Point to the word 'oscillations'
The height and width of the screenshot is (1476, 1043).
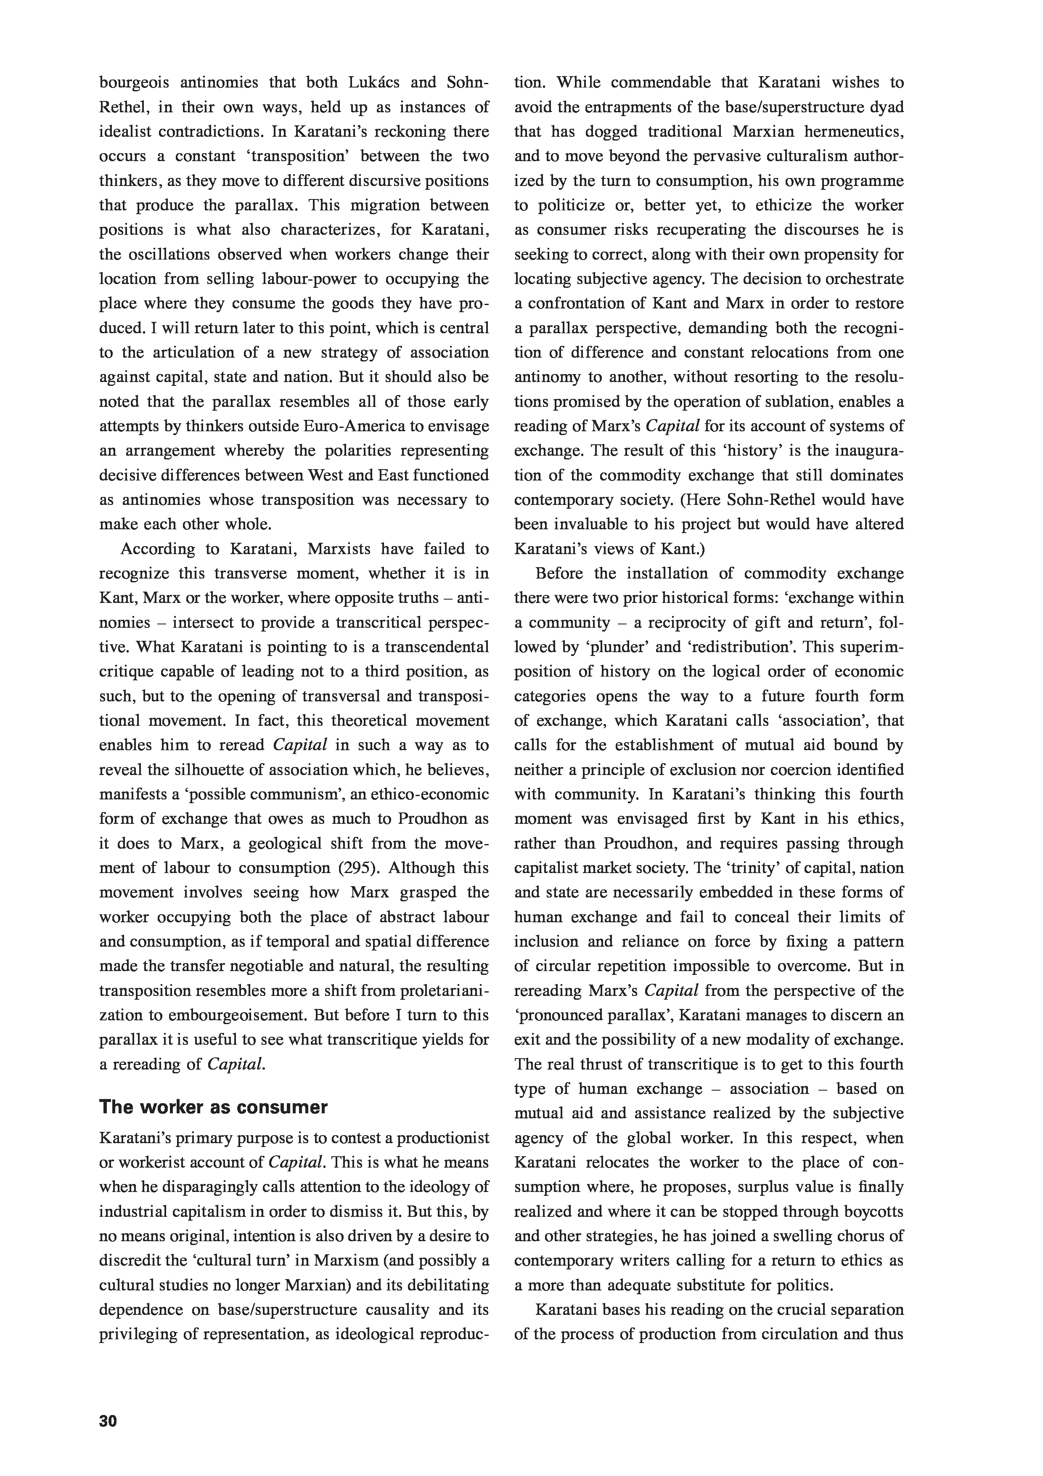(x=166, y=255)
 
